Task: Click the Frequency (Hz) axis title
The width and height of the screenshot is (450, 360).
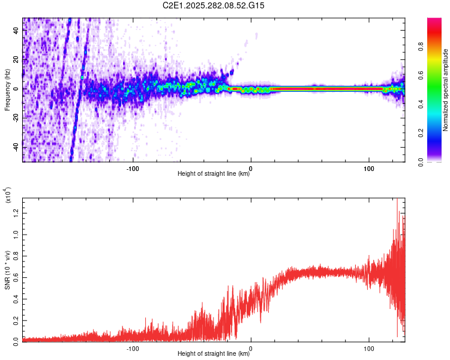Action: click(x=7, y=89)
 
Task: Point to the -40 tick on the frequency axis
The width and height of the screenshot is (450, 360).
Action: click(x=16, y=147)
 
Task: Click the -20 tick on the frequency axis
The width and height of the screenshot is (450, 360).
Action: click(x=16, y=118)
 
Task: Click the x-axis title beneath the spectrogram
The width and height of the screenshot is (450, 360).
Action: click(x=214, y=174)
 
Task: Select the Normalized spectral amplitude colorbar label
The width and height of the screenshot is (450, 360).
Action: click(x=446, y=89)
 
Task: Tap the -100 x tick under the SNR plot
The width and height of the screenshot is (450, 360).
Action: click(x=133, y=347)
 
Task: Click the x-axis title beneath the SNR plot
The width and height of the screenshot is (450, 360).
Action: click(x=214, y=354)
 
